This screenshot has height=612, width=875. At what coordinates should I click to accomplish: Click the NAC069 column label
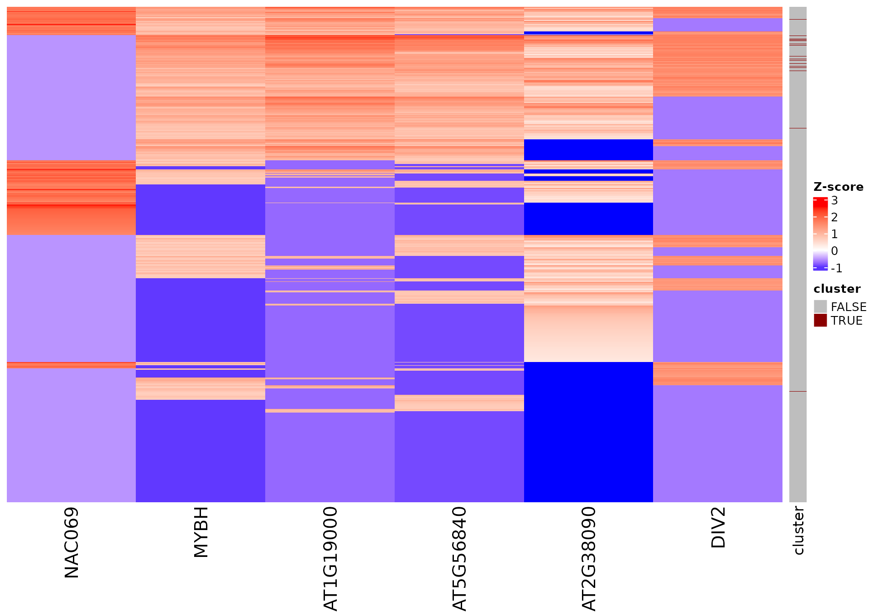pos(72,542)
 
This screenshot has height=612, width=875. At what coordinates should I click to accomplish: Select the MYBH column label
pos(201,532)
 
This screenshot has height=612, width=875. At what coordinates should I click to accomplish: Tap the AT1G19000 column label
pos(330,558)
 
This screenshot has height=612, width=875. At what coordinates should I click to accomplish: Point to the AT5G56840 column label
pos(459,558)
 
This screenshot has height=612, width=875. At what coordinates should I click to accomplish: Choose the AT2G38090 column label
pos(589,558)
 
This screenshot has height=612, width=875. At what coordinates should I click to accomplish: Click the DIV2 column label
pos(718,527)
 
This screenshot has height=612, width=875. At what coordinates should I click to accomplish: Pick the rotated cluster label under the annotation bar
pos(798,530)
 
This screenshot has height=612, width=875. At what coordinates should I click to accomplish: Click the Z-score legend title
pos(838,187)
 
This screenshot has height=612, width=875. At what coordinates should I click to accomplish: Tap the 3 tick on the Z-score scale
pos(834,200)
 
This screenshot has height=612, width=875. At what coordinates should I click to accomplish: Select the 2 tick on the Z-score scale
pos(834,217)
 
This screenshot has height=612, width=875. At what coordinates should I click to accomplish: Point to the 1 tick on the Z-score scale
pos(834,234)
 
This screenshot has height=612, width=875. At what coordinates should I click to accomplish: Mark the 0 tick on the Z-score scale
pos(834,251)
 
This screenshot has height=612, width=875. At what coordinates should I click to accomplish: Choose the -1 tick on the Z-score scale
pos(836,268)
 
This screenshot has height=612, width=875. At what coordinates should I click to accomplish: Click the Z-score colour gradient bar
pos(820,234)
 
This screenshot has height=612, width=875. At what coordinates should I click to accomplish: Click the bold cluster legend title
pos(837,289)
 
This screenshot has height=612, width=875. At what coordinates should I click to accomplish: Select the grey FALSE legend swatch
pos(820,306)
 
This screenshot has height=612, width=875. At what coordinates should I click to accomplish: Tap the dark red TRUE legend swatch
pos(820,320)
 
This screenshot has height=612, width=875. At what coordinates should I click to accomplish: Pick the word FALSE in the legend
pos(849,307)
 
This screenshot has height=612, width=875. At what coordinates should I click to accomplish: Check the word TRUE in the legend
pos(846,321)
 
